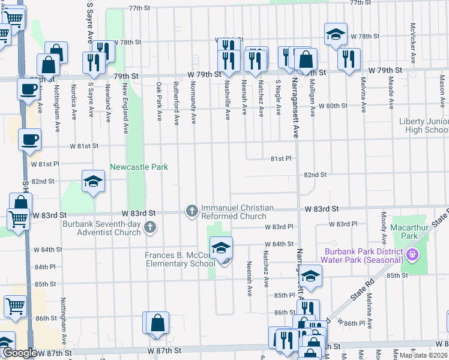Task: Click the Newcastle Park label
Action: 138,167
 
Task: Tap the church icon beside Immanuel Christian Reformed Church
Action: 191,210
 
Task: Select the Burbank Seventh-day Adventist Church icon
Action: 149,226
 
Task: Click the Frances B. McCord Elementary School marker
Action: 221,247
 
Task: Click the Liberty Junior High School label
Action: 424,125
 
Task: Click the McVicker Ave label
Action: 413,43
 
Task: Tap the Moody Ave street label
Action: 383,223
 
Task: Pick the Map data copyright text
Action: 424,355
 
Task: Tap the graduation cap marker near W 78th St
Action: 336,34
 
